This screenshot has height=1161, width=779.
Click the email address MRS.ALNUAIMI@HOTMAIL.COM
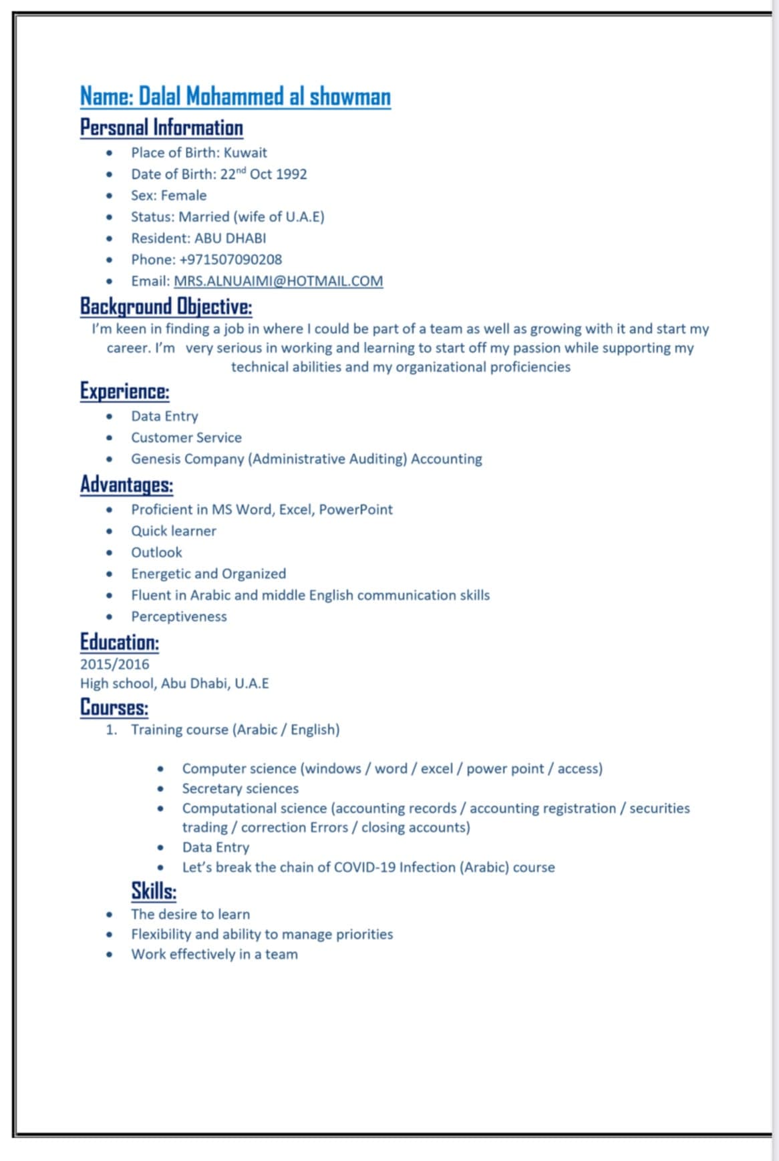(x=278, y=281)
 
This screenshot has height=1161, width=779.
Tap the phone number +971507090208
(x=230, y=260)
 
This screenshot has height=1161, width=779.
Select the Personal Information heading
(x=161, y=128)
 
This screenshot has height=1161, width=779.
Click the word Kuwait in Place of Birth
(x=245, y=153)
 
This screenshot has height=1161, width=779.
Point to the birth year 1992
(x=291, y=174)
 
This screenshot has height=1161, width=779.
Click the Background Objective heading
(x=166, y=306)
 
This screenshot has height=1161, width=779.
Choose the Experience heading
(x=124, y=391)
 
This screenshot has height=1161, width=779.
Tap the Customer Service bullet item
(x=186, y=438)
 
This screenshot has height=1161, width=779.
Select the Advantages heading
(x=126, y=484)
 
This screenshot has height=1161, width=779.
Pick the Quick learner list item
(x=173, y=531)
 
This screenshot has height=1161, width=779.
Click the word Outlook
(x=156, y=553)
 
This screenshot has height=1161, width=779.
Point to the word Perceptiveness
(x=178, y=617)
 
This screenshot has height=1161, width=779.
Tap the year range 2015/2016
(x=114, y=664)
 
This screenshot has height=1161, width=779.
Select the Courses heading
(x=114, y=707)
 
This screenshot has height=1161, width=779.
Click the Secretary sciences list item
(x=240, y=788)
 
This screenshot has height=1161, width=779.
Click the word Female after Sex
(x=184, y=196)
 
